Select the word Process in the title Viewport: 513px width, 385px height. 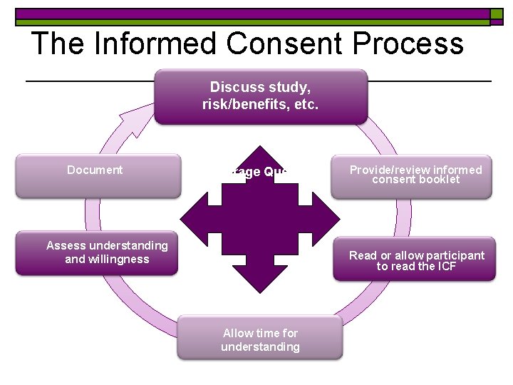(x=414, y=43)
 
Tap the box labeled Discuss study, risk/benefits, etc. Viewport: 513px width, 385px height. (x=261, y=96)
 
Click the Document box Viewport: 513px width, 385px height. (x=98, y=175)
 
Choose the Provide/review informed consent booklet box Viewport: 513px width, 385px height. (x=411, y=176)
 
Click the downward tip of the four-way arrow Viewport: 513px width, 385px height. (x=261, y=288)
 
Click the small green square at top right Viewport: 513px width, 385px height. (x=496, y=14)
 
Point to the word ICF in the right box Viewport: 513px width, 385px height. (x=445, y=267)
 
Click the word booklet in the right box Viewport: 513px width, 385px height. (x=442, y=180)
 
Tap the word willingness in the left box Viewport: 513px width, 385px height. (x=117, y=259)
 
